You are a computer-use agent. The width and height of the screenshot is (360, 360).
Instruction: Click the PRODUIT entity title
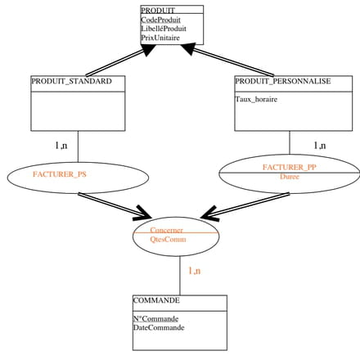(x=158, y=11)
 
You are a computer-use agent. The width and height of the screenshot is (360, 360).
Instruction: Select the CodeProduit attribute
(x=160, y=20)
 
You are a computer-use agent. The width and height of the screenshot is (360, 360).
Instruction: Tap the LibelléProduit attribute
(x=164, y=29)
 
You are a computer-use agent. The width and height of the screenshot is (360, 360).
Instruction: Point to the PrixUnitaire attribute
(x=160, y=38)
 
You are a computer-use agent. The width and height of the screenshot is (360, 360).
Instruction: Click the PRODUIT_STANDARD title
(x=71, y=81)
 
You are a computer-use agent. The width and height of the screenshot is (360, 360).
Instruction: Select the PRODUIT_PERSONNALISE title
(x=283, y=81)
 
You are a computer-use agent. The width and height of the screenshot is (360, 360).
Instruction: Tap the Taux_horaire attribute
(x=256, y=99)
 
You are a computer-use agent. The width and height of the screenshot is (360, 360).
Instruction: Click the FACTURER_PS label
(x=60, y=174)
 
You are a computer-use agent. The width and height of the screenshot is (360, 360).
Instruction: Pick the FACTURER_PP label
(x=290, y=167)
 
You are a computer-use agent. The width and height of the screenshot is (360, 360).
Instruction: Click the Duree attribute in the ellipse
(x=290, y=177)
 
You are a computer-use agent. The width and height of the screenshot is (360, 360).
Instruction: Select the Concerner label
(x=166, y=230)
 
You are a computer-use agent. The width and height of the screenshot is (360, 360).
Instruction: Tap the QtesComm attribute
(x=168, y=239)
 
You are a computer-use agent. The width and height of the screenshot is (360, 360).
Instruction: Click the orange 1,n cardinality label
(x=195, y=271)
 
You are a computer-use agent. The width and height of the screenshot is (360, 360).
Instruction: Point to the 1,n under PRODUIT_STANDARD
(x=61, y=146)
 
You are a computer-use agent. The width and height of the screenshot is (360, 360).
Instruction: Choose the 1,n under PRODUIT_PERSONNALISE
(x=320, y=146)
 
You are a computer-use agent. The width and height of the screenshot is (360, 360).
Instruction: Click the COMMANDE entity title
(x=156, y=300)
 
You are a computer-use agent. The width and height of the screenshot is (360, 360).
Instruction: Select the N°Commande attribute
(x=155, y=318)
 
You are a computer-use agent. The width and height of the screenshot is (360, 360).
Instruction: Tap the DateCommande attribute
(x=159, y=327)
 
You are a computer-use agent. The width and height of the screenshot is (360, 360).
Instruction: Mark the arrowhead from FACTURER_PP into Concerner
(x=209, y=214)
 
